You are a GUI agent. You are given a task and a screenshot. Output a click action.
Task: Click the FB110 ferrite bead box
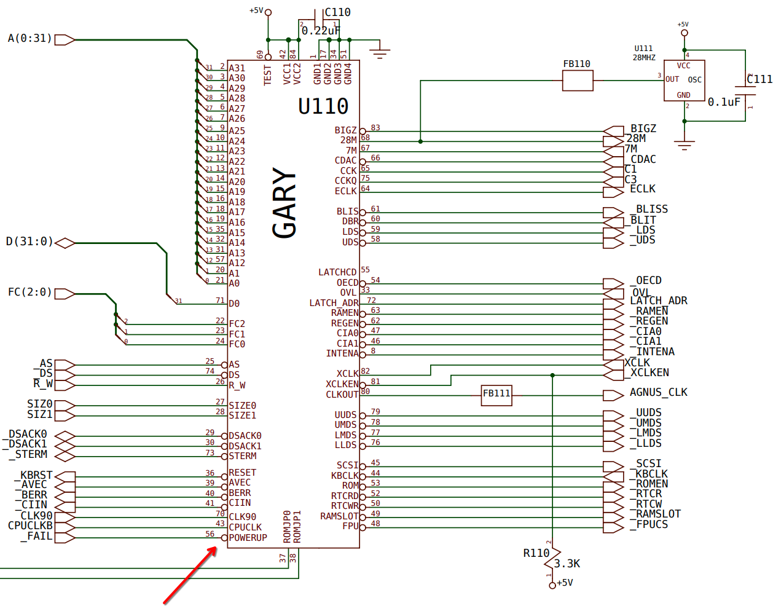[x=577, y=81]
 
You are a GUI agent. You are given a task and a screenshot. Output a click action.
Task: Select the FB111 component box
[x=496, y=396]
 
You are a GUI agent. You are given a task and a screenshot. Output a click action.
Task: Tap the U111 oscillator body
[x=684, y=81]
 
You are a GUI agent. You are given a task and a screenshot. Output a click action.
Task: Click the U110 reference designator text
[x=323, y=106]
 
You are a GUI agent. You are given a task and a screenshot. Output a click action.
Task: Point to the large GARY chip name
[x=284, y=203]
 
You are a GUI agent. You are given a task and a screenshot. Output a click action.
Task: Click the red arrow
[x=190, y=575]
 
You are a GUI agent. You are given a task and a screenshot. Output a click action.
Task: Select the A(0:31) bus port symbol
[x=65, y=39]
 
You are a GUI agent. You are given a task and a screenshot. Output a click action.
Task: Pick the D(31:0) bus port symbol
[x=65, y=243]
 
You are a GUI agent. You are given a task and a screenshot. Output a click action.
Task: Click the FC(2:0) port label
[x=30, y=292]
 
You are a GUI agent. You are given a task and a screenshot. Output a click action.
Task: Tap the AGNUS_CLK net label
[x=659, y=392]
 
